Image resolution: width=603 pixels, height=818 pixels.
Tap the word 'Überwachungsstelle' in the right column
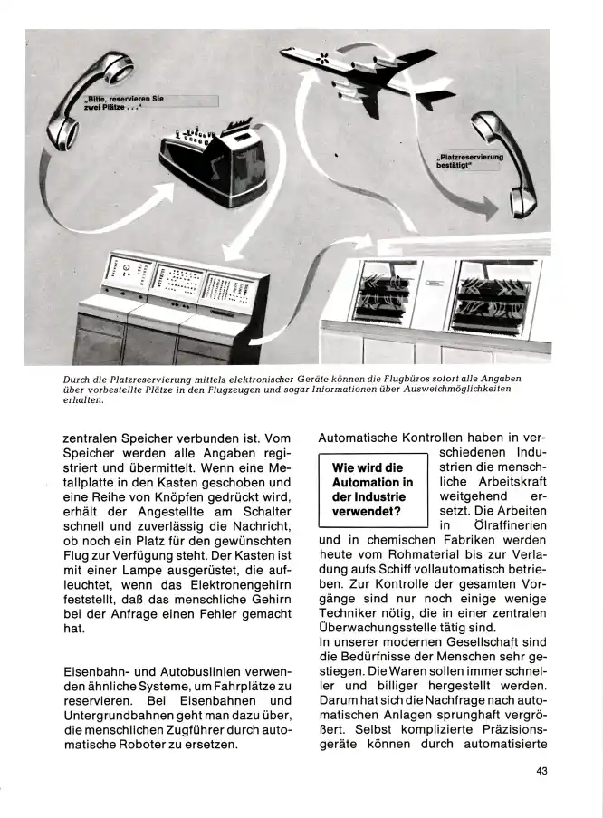coord(380,626)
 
